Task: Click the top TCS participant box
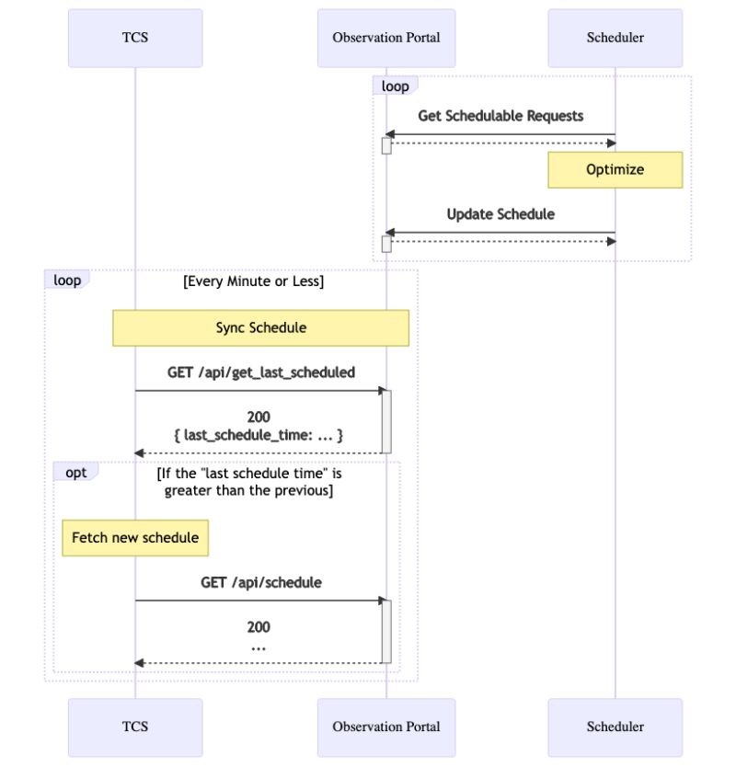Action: click(x=135, y=38)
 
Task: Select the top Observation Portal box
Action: click(x=386, y=38)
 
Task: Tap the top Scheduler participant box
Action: click(x=615, y=38)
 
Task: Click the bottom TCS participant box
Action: click(x=135, y=727)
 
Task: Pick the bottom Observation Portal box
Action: click(x=386, y=727)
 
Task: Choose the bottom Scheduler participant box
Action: click(x=615, y=727)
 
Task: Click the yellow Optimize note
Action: click(x=615, y=170)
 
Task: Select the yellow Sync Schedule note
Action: click(x=260, y=327)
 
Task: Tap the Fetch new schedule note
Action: click(x=135, y=537)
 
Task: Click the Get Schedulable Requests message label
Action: click(x=500, y=116)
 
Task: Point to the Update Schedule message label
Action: click(x=500, y=214)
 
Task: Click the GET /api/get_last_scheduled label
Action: click(x=261, y=372)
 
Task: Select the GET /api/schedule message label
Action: click(x=261, y=582)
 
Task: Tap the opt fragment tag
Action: click(x=75, y=472)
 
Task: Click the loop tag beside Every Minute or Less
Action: click(x=66, y=280)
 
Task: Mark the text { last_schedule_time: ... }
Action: click(x=259, y=435)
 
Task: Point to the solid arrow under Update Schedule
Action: click(x=500, y=233)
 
